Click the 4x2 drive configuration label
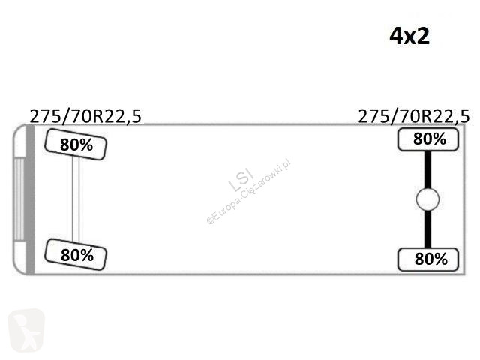[409, 37]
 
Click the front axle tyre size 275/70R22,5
[85, 116]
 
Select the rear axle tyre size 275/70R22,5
[413, 116]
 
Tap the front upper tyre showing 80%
[76, 145]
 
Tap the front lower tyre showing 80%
[76, 254]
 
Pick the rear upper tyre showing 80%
[428, 139]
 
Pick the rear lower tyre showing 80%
[428, 259]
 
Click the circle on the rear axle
[427, 199]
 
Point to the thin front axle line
[76, 199]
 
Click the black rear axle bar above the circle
[427, 169]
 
